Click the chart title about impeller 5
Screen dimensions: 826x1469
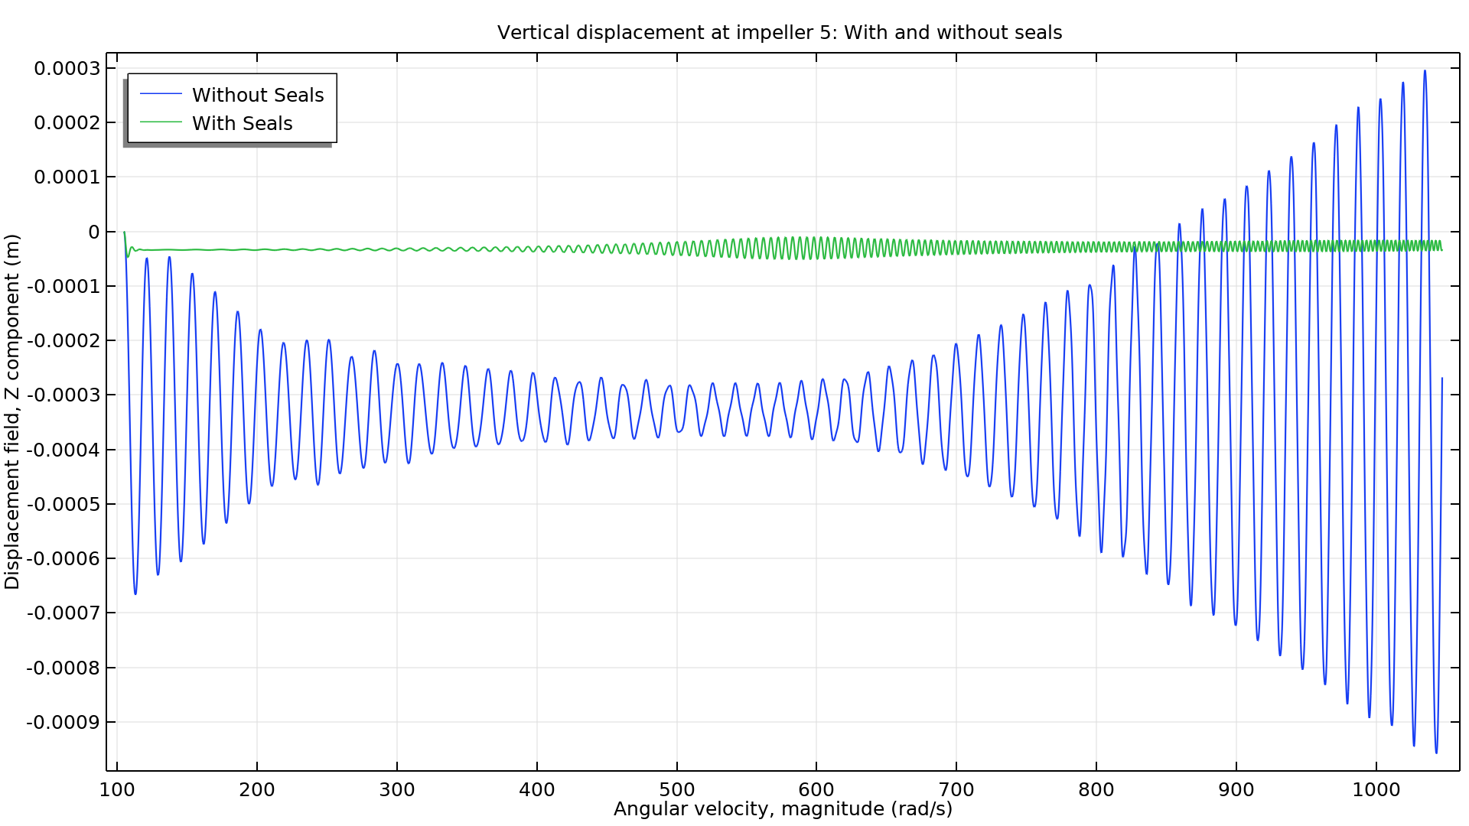[779, 33]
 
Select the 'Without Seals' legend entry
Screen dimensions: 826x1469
[258, 95]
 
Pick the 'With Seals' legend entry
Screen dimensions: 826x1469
[242, 123]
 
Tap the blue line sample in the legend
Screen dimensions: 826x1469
[161, 94]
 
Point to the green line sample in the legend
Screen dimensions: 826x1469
[161, 122]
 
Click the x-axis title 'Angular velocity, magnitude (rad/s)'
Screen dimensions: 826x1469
[783, 809]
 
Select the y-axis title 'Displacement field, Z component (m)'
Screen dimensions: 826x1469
[11, 411]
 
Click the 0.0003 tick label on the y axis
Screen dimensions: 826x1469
[67, 69]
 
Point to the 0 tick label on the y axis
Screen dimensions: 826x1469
[94, 233]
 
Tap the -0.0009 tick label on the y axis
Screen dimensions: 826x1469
[64, 723]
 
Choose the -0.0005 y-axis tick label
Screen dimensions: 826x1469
[64, 505]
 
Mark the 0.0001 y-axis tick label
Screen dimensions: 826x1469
[67, 177]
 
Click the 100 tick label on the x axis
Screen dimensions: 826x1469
[117, 790]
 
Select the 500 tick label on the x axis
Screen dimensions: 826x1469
[676, 790]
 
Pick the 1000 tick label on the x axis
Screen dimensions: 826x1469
[1376, 790]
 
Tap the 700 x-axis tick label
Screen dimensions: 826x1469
[956, 790]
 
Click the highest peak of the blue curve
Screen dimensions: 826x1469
[1425, 71]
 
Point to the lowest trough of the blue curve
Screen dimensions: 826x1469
[1436, 753]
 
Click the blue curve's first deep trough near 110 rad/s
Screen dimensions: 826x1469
[135, 593]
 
